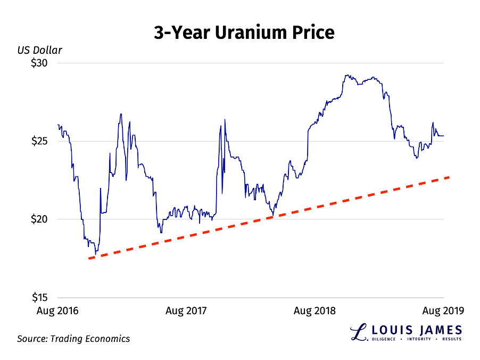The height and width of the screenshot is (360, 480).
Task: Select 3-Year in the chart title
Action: click(x=181, y=33)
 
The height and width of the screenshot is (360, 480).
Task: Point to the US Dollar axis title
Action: click(x=39, y=51)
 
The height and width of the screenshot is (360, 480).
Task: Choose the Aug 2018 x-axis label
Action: click(x=315, y=310)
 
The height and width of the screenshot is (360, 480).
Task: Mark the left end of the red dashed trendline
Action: click(x=89, y=258)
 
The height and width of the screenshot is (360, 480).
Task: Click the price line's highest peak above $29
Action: click(x=346, y=75)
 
